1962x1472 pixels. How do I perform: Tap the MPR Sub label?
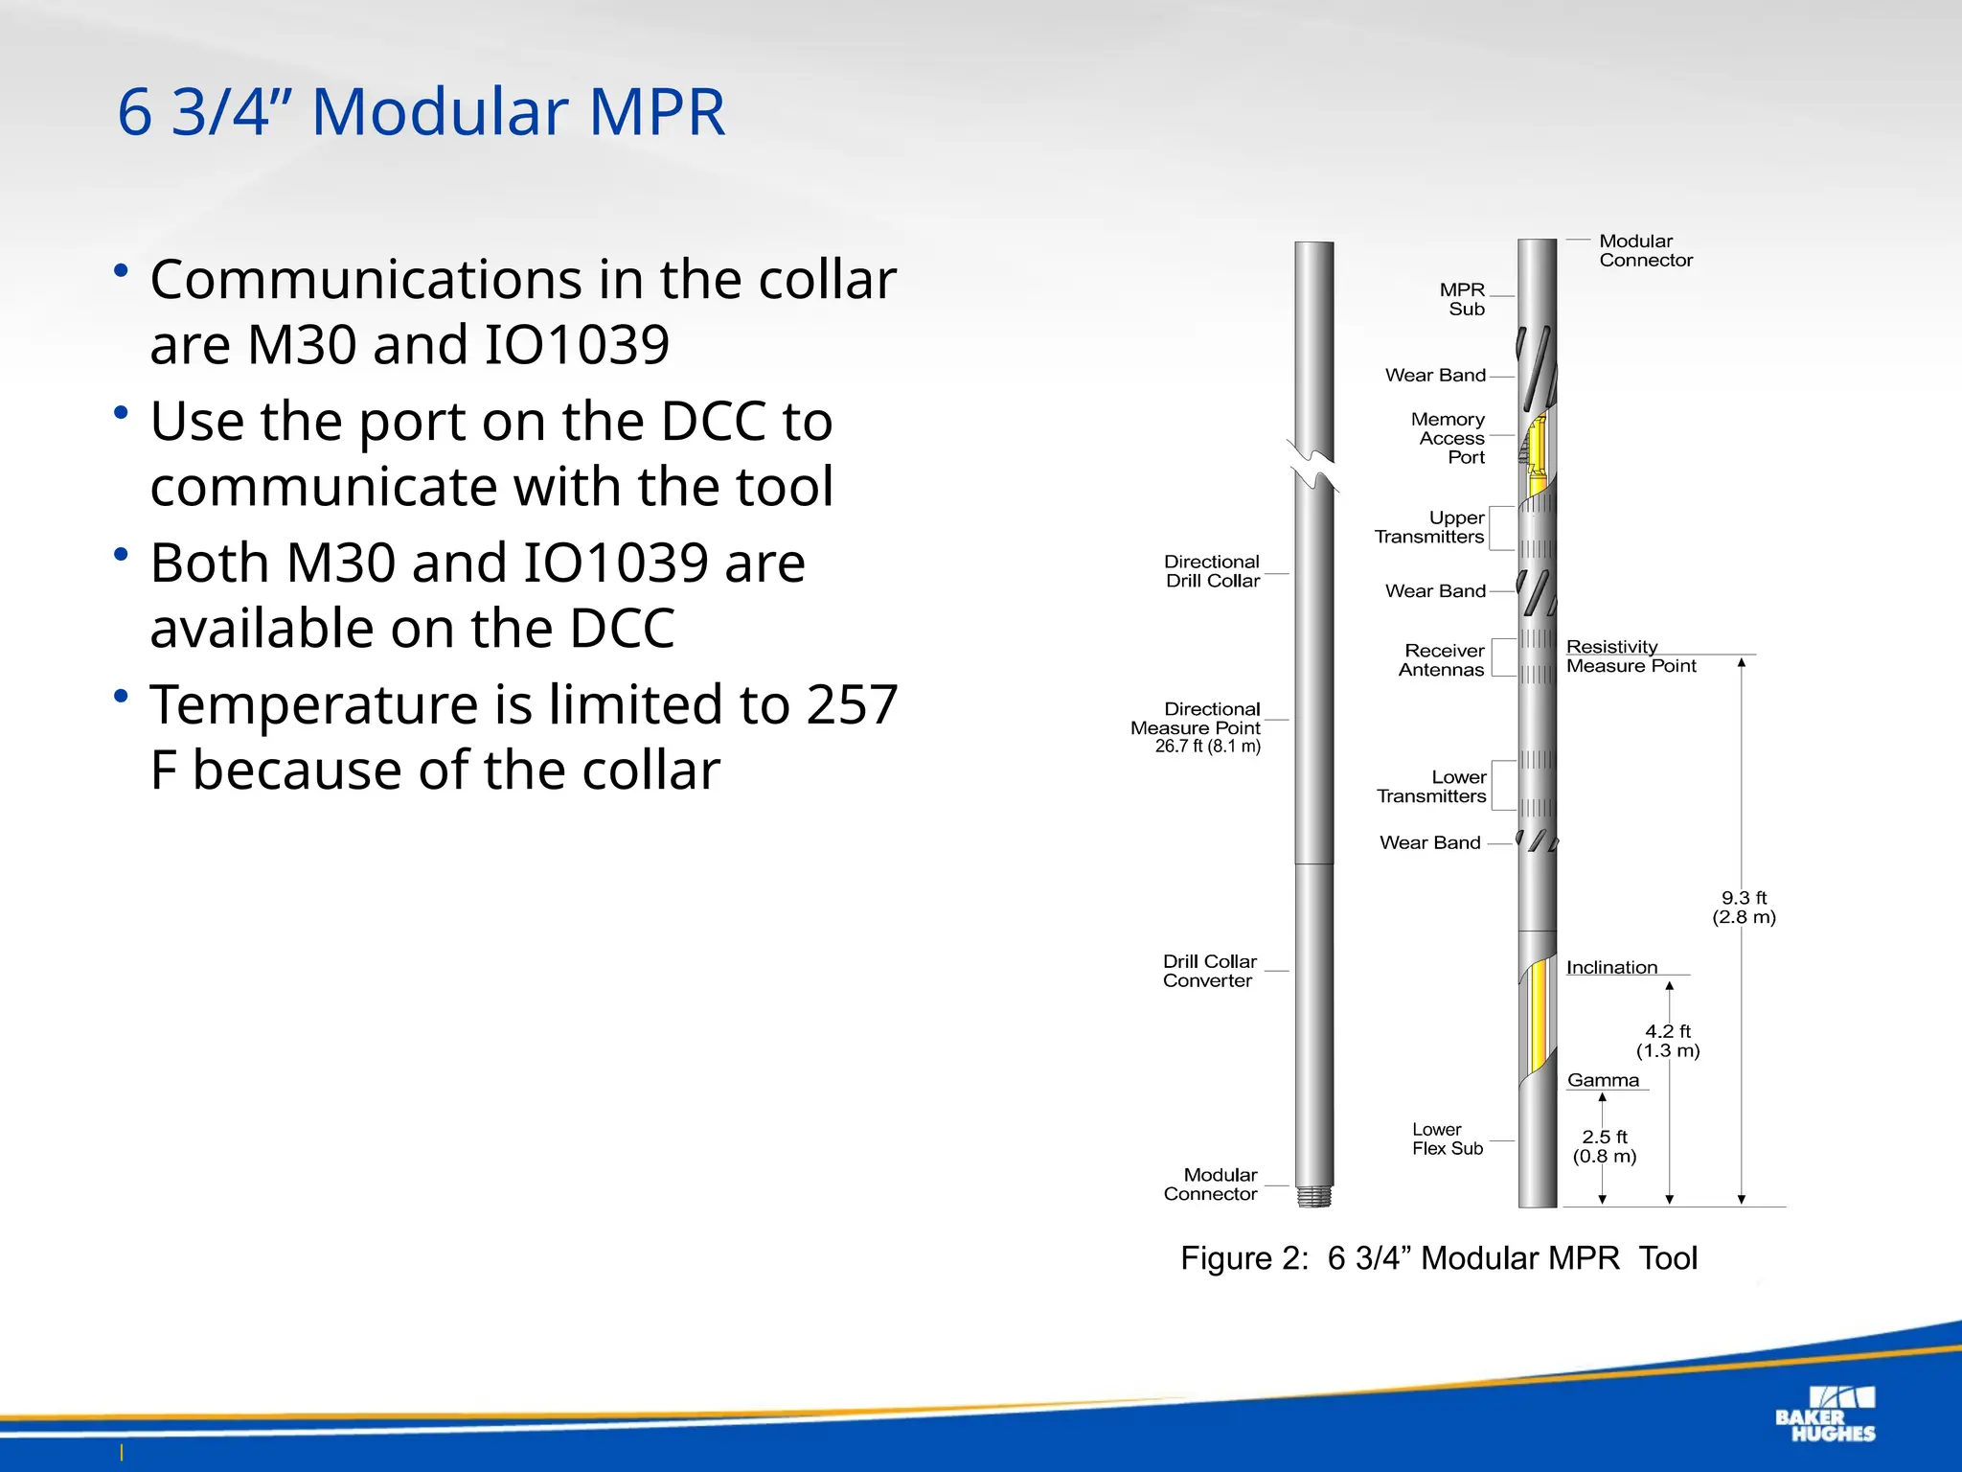click(x=1463, y=299)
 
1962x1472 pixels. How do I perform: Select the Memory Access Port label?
click(x=1449, y=438)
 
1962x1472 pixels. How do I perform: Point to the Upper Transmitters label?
click(x=1430, y=527)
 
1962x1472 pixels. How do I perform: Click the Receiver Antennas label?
click(x=1442, y=660)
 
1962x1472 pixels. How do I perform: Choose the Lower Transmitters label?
click(x=1432, y=787)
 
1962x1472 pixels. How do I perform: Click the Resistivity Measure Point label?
click(x=1631, y=656)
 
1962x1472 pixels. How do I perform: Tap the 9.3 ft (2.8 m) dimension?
click(x=1745, y=908)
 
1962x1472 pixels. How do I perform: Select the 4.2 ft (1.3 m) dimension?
click(x=1668, y=1041)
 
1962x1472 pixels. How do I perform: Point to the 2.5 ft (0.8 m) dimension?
click(x=1605, y=1146)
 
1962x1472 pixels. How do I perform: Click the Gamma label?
click(x=1603, y=1080)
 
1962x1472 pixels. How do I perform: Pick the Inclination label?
click(x=1611, y=968)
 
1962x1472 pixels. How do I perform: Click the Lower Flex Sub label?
click(x=1448, y=1138)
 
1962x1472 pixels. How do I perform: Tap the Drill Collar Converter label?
click(x=1209, y=971)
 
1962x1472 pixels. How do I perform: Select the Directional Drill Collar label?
click(x=1212, y=571)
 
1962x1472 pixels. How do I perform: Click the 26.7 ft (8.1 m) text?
click(x=1207, y=747)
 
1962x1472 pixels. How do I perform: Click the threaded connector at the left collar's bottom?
click(x=1314, y=1197)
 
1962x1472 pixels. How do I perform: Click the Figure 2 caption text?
click(x=1438, y=1258)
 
